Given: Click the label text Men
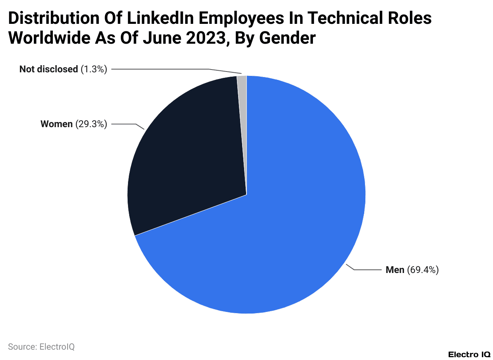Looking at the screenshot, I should point(395,270).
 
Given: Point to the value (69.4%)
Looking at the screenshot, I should point(423,270).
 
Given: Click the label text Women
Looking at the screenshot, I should point(56,124).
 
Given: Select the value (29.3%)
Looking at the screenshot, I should point(91,124).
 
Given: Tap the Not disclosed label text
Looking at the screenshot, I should point(49,69).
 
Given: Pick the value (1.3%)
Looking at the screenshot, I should point(94,69).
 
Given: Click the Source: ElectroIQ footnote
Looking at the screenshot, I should point(41,346).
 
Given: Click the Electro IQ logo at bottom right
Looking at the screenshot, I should point(469,354).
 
